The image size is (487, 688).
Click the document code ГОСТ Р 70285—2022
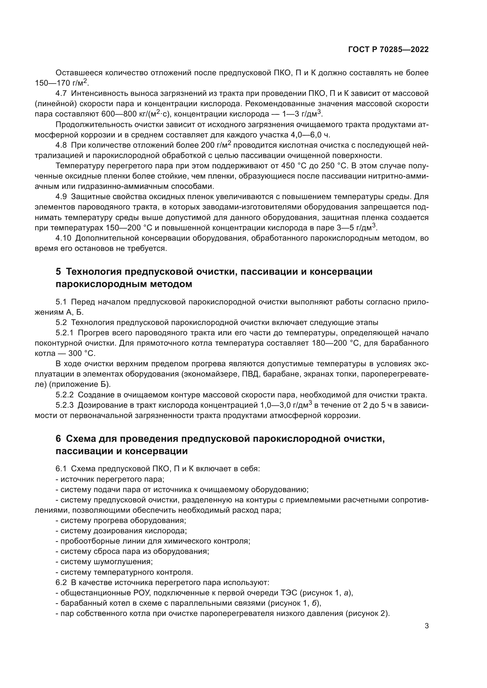point(388,49)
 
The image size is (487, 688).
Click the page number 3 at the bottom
point(426,626)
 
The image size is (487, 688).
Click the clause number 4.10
point(64,238)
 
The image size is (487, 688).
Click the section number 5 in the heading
point(58,271)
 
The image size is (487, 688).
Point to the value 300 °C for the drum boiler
point(82,353)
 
